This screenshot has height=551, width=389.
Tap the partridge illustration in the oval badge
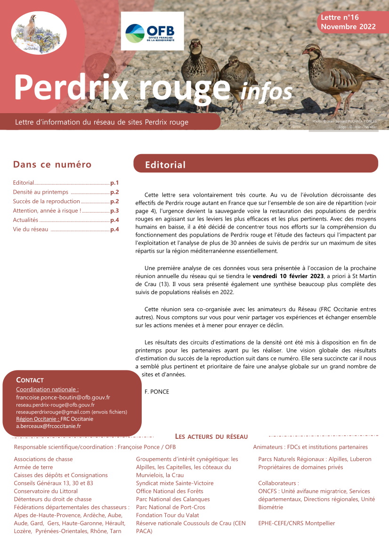tap(32, 31)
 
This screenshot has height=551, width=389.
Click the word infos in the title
tap(266, 90)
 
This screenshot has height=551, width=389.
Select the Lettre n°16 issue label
tap(340, 17)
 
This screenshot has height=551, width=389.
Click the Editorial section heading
tap(165, 164)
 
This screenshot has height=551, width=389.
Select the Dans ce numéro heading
tap(52, 164)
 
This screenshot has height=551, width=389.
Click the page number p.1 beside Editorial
tap(114, 183)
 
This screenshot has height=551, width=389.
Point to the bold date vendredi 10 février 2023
tap(288, 276)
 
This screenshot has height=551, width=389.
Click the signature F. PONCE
tap(157, 392)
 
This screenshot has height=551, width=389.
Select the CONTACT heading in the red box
tap(30, 380)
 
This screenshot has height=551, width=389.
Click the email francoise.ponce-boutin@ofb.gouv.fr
tap(63, 397)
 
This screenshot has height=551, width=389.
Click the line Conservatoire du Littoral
tap(46, 491)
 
